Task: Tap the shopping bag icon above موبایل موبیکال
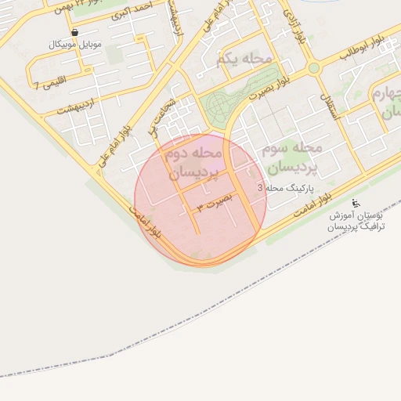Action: (x=74, y=33)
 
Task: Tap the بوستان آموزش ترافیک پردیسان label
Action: (x=357, y=220)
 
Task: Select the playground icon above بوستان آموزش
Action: (x=357, y=203)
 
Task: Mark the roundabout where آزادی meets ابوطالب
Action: (x=313, y=68)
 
